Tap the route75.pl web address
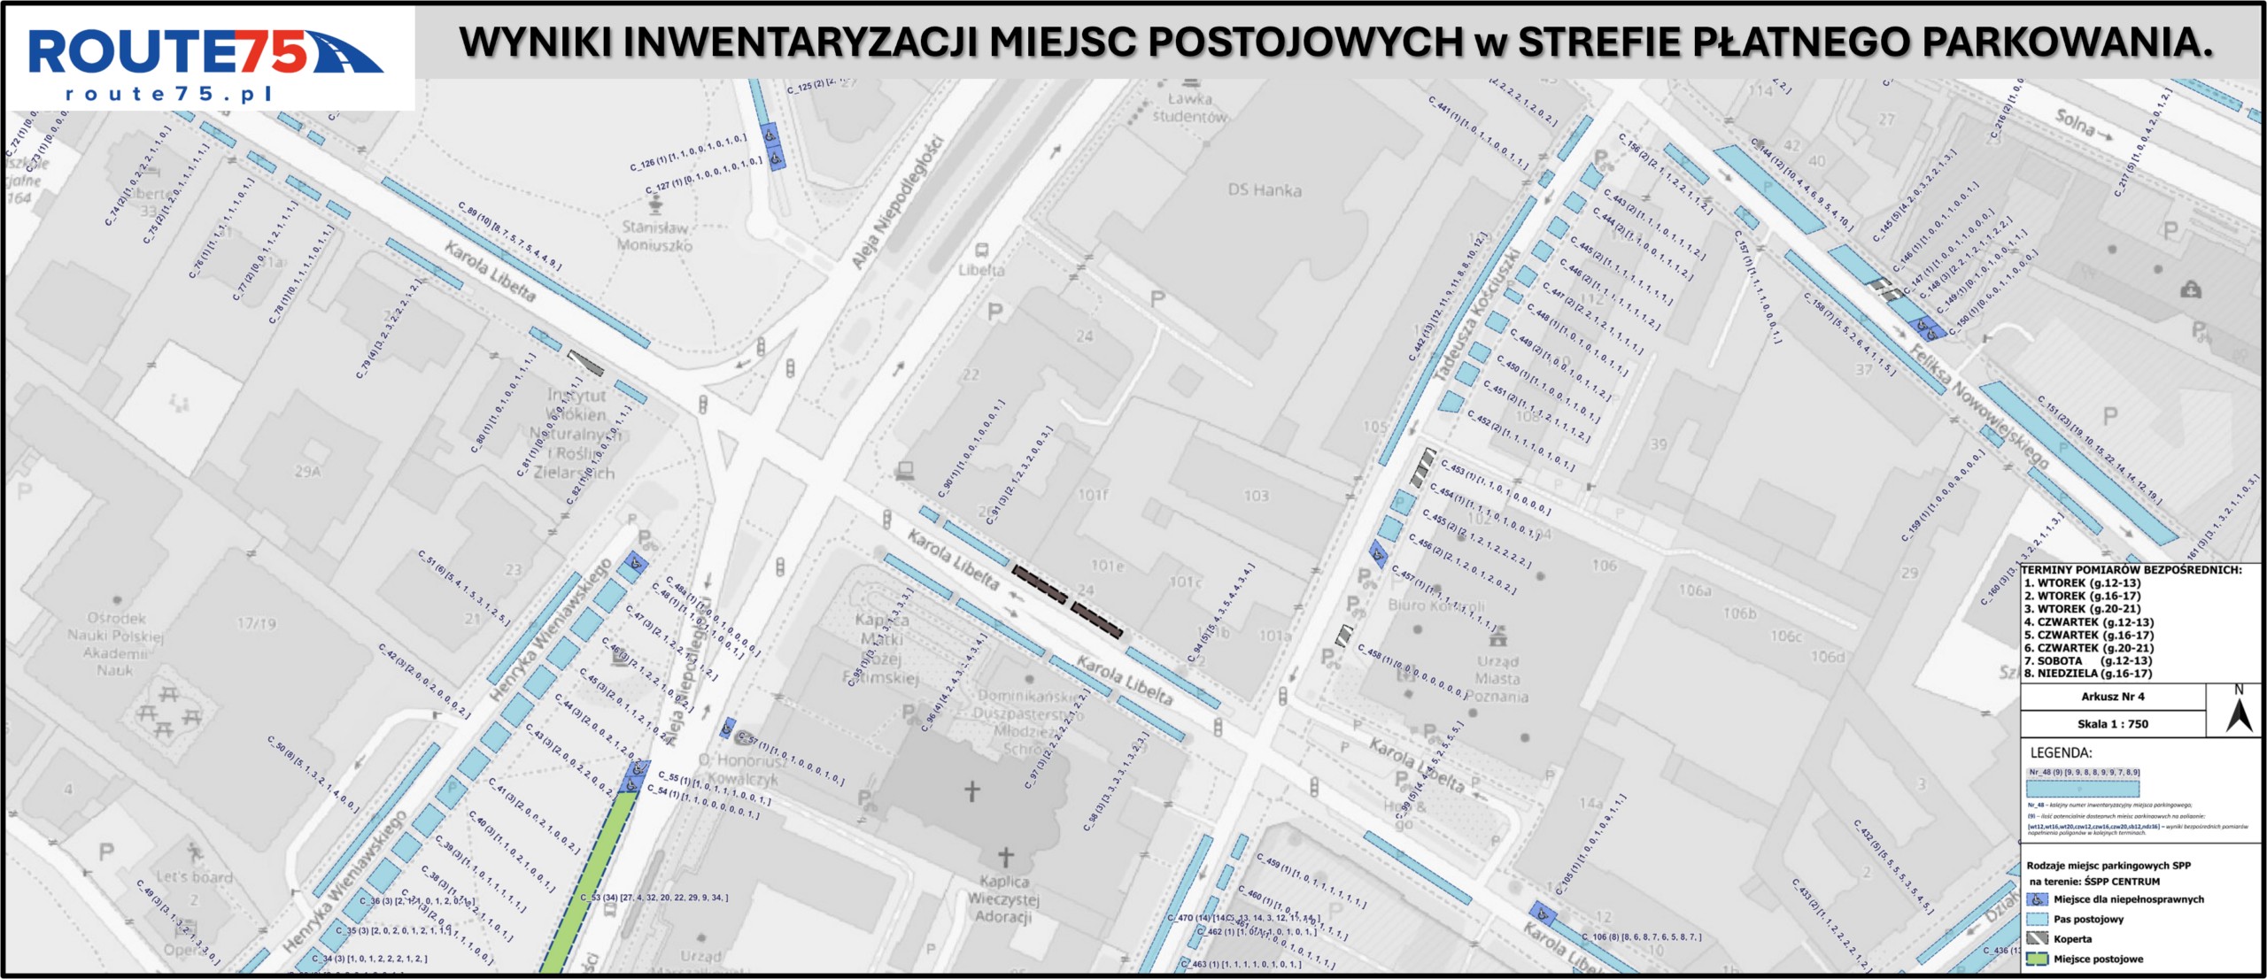pos(168,94)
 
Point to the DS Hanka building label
pos(1264,190)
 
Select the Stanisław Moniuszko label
pos(654,236)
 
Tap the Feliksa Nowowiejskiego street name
pos(1978,405)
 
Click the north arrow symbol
pos(2239,713)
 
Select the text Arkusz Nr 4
pos(2112,697)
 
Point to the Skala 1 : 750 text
pos(2112,724)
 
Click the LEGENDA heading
pos(2061,753)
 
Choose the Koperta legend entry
pos(2072,939)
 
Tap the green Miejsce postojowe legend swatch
pos(2037,959)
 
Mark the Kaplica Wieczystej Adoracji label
pos(1003,898)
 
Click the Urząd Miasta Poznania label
pos(1497,679)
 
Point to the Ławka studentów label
pos(1189,108)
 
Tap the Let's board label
pos(194,877)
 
